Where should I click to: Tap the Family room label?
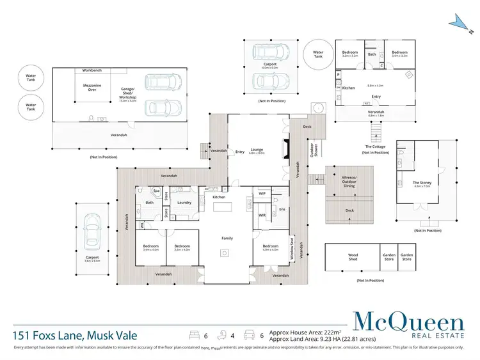pyautogui.click(x=227, y=238)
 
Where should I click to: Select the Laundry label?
pyautogui.click(x=185, y=203)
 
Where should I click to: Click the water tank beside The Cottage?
pyautogui.click(x=318, y=55)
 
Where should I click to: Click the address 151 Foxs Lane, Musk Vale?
pyautogui.click(x=74, y=334)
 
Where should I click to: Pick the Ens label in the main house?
pyautogui.click(x=281, y=208)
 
